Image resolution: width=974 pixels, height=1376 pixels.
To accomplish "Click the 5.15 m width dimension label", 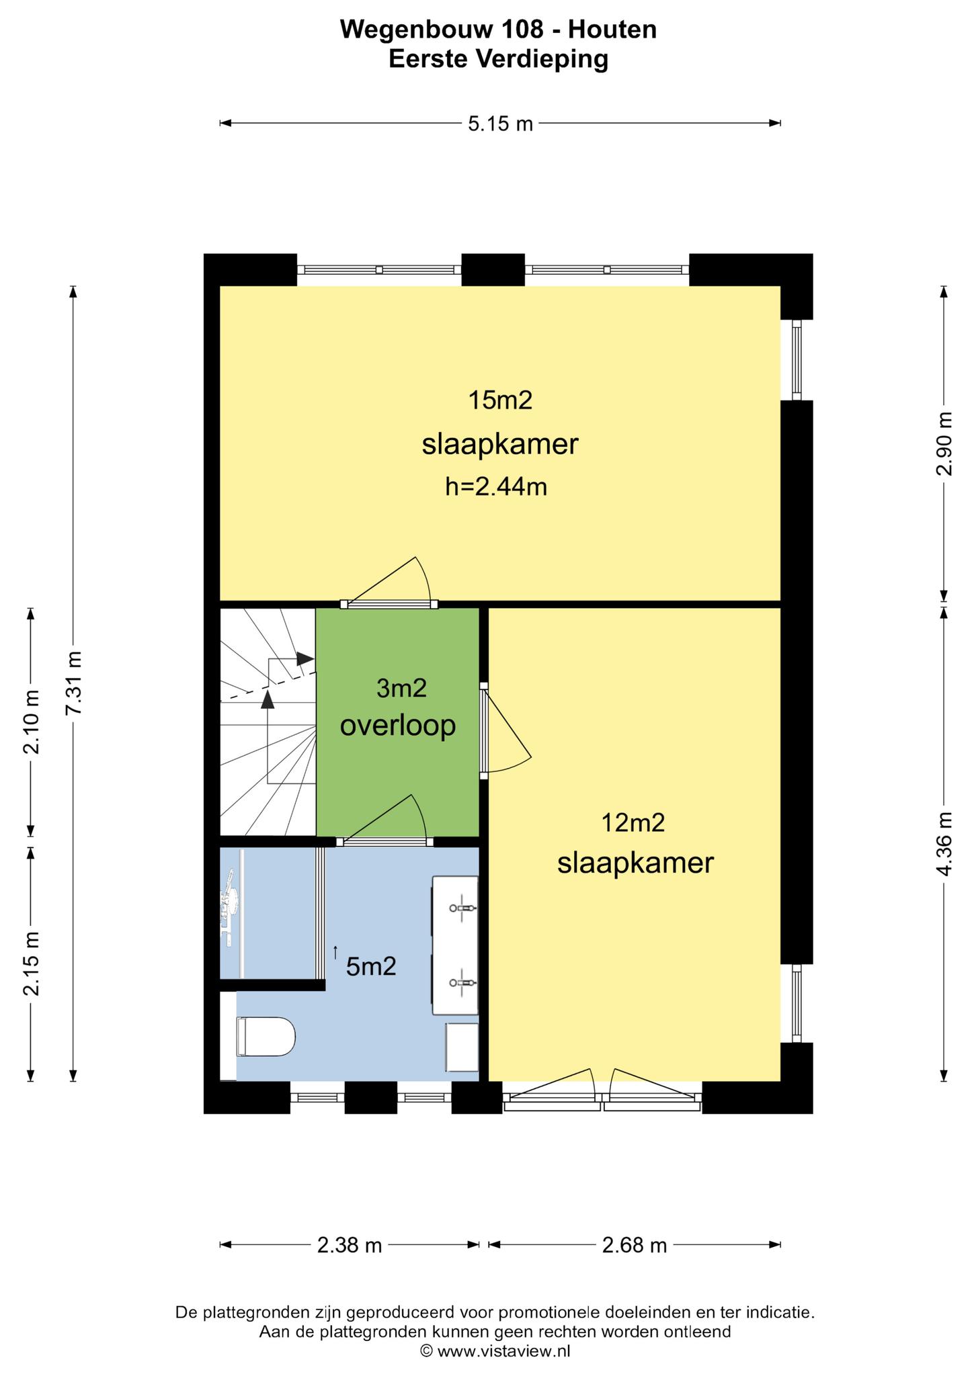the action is (x=500, y=124).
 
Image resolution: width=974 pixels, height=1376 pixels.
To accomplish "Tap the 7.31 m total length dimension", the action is (x=74, y=683).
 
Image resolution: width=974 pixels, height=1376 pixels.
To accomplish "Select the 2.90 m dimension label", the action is (x=944, y=443).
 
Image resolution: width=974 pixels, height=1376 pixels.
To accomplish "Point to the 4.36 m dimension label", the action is (x=944, y=844).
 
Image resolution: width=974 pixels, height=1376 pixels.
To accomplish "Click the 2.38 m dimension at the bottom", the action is (x=350, y=1246).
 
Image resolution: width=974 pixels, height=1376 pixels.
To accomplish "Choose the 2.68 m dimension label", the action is (x=635, y=1246).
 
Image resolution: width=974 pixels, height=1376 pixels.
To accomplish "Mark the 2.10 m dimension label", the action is (x=31, y=722).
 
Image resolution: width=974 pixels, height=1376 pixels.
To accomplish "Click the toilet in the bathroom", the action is (x=266, y=1037).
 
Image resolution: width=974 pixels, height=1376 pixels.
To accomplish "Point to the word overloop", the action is (x=398, y=726).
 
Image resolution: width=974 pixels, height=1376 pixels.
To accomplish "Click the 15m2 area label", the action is (x=500, y=401).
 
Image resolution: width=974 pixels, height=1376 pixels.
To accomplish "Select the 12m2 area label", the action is (x=633, y=823).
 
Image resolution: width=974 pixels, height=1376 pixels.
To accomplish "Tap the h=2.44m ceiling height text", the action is (x=496, y=486).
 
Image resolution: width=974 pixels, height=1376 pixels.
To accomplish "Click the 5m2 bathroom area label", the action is (x=371, y=967).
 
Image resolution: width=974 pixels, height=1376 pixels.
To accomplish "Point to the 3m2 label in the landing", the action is (x=402, y=689).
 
